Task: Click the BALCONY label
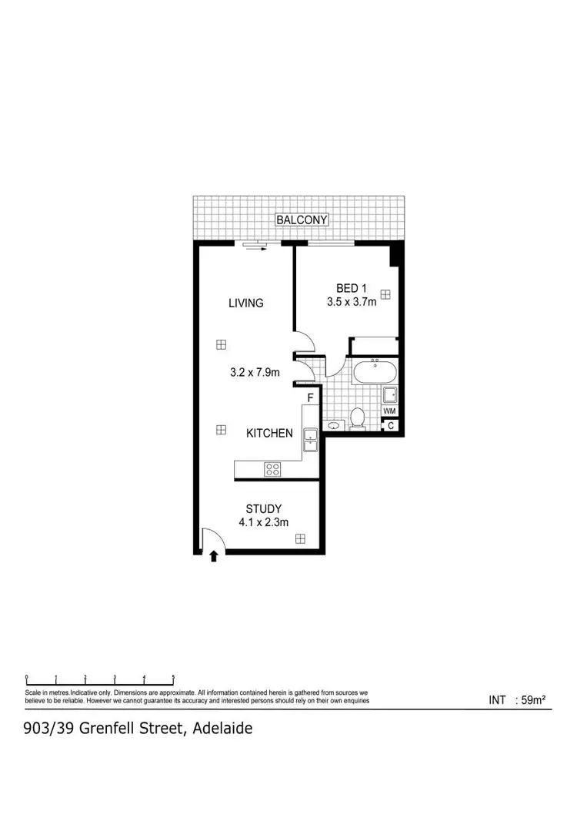click(302, 220)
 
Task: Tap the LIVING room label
click(245, 303)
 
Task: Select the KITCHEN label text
click(269, 433)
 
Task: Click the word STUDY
click(263, 508)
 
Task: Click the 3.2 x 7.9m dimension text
click(254, 373)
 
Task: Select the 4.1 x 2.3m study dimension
click(263, 522)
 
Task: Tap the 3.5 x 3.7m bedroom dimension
click(351, 302)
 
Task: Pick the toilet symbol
click(357, 418)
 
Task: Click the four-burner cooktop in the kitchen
click(273, 468)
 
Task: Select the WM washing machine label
click(390, 412)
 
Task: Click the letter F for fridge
click(311, 398)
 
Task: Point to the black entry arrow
click(214, 555)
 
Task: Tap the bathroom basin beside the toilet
click(334, 424)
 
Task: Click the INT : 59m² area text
click(517, 700)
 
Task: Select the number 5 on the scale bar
click(173, 677)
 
